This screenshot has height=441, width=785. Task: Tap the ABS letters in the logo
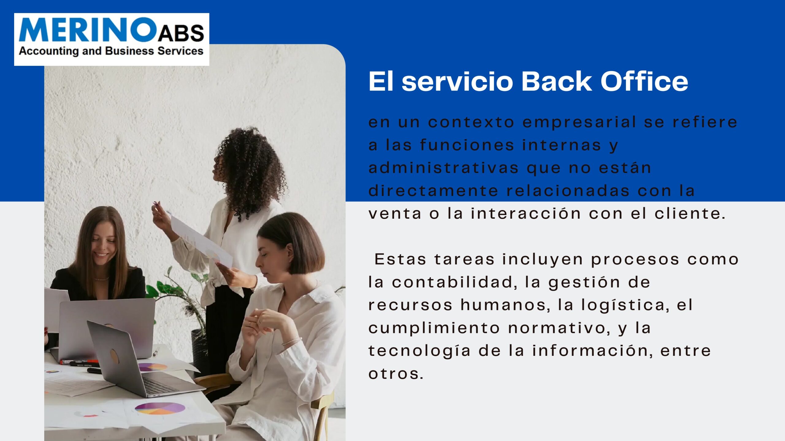[181, 33]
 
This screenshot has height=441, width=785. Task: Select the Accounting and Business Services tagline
[111, 51]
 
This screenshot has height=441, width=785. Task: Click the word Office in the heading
[644, 81]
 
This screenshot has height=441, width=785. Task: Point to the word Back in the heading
[557, 81]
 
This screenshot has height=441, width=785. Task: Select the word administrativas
[444, 168]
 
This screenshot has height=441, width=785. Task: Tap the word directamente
[434, 191]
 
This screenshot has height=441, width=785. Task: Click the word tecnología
[419, 351]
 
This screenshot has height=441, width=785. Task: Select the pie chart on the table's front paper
[160, 408]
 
